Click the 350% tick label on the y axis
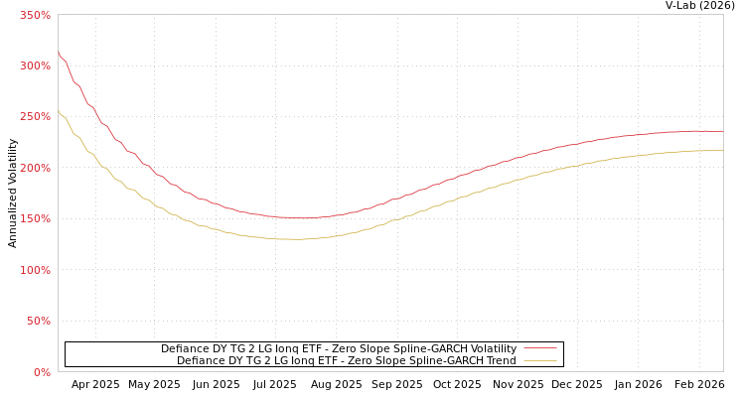35,15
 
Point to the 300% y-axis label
35,66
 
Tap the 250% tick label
35,117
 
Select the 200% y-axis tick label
35,168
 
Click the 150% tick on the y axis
35,219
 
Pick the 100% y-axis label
35,270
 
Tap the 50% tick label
38,322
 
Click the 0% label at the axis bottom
42,372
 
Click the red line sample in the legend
540,348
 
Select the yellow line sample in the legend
540,360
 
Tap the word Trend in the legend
499,360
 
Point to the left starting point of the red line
58,53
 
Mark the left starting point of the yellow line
58,110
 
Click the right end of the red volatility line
722,131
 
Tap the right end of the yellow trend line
722,151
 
